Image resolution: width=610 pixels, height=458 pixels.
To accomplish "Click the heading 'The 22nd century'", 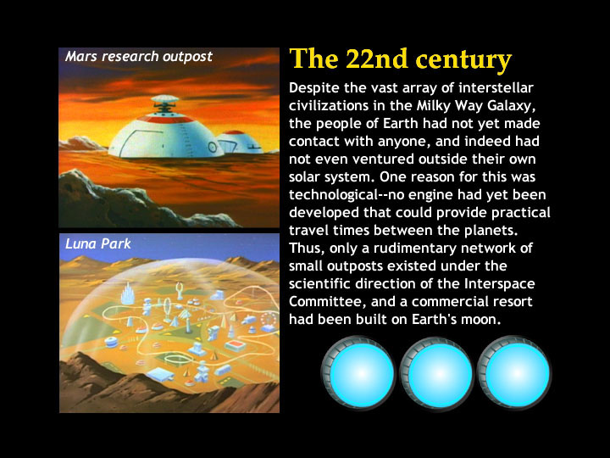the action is tap(400, 59).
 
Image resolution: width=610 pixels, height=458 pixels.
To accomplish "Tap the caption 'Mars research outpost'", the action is tap(138, 57).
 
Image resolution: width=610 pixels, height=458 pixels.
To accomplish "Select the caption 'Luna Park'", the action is tap(98, 243).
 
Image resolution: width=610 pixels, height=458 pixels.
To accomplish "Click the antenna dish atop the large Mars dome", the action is tap(165, 100).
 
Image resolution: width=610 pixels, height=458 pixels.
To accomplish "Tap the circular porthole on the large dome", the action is tap(213, 147).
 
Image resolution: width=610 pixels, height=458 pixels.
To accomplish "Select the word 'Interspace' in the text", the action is tap(500, 284).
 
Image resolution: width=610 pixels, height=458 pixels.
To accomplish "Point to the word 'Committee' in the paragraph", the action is tap(327, 302).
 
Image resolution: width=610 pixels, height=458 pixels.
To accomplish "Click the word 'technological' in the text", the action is tap(333, 195).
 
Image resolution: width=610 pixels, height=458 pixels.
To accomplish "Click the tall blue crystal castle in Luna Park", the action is tap(127, 294).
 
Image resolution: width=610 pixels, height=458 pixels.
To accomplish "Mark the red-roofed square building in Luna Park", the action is tap(235, 345).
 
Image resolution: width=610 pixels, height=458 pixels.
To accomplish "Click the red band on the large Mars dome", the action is tap(166, 119).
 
